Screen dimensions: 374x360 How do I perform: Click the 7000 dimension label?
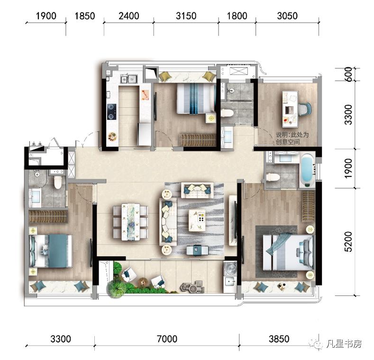point(167,339)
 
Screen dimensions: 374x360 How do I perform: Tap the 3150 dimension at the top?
point(186,16)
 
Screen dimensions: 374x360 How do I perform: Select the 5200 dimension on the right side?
point(348,241)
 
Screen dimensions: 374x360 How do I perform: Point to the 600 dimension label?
point(348,74)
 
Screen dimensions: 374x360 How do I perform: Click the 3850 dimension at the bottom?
point(279,339)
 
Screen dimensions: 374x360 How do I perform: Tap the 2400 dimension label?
point(129,16)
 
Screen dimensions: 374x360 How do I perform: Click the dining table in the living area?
point(130,222)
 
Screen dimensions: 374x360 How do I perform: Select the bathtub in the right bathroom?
point(307,170)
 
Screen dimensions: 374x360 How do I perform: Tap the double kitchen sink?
point(129,79)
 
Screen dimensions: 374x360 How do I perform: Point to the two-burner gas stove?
point(111,111)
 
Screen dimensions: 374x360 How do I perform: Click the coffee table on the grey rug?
point(197,220)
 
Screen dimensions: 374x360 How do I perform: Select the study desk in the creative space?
point(290,109)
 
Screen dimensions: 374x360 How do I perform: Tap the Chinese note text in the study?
point(292,138)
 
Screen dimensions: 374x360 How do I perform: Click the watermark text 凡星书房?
point(344,344)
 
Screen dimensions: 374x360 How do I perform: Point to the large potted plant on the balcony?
point(116,289)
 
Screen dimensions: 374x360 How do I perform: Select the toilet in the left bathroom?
point(58,182)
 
